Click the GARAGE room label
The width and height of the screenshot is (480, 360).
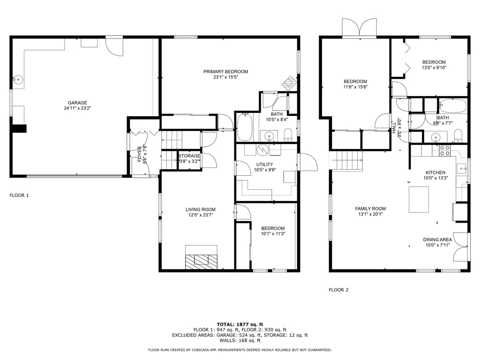coord(77,103)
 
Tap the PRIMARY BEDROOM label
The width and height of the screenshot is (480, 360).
coord(226,72)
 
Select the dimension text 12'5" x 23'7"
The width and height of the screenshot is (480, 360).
coord(201,215)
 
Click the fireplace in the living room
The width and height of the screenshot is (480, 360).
coord(202,257)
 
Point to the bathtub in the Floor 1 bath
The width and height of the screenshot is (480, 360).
coord(245,127)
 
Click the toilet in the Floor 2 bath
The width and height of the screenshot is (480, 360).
coord(458,135)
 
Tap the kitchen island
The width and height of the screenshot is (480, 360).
coord(419,199)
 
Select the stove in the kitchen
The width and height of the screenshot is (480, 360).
coord(444,150)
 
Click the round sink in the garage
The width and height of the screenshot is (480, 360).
coord(19,80)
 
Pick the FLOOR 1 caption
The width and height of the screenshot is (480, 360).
coord(19,195)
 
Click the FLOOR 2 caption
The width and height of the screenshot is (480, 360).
coord(338,290)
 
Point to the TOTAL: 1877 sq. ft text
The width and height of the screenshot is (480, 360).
coord(240,324)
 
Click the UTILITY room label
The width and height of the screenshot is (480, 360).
coord(264,165)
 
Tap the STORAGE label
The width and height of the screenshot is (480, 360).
coord(189,156)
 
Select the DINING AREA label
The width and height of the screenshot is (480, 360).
coord(437,240)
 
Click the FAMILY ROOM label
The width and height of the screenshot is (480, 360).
coord(370,209)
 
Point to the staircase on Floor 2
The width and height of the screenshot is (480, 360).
coord(347,160)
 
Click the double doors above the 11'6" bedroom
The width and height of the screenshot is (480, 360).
coord(360,28)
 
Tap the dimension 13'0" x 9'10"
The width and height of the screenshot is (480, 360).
coord(434,67)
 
